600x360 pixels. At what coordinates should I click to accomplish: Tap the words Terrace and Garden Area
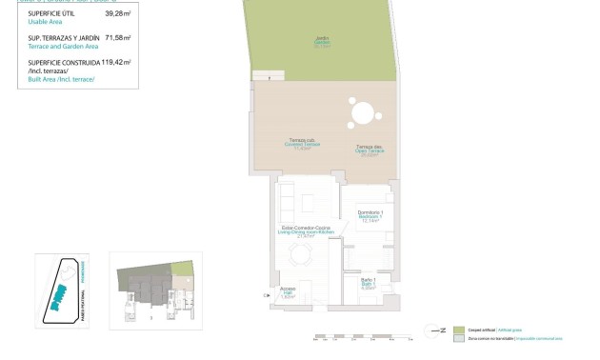[60, 45]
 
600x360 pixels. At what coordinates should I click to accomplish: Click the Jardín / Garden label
[323, 41]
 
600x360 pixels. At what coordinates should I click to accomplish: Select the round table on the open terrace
[363, 114]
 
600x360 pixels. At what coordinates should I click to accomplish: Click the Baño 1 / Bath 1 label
[368, 283]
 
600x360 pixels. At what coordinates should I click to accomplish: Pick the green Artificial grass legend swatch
[459, 329]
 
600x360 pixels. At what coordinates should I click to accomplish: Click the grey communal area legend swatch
[459, 338]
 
